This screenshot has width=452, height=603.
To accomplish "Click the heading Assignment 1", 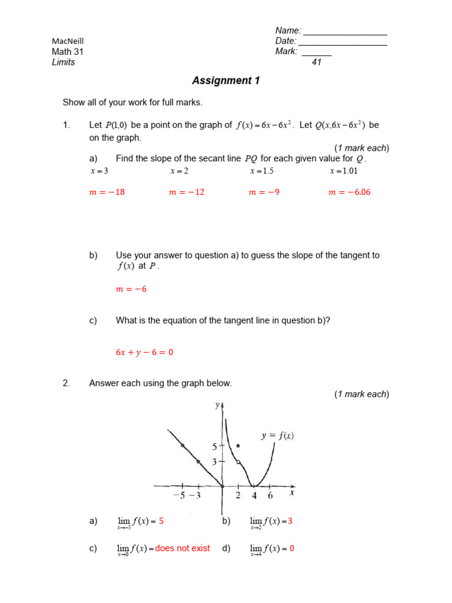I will pos(226,81).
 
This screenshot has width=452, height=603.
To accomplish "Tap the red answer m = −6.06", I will pos(349,192).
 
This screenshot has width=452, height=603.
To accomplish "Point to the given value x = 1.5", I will pos(262,171).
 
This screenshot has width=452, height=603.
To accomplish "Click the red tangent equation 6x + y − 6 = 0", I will pos(144,352).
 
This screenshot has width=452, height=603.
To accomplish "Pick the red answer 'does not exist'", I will pos(182,548).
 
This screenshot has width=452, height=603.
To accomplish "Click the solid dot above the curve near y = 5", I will pos(238,446).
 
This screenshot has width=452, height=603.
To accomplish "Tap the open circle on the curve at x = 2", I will pos(238,462).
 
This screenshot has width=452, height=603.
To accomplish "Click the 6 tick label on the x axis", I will pos(270,495).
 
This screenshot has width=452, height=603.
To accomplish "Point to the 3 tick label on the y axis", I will pos(215,461).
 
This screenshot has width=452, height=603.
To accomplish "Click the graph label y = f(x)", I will pos(277,436).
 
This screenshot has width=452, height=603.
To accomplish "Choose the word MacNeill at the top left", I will pos(68,41).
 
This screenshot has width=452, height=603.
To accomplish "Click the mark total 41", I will pos(317,62).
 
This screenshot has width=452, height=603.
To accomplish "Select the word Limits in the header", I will pos(64,62).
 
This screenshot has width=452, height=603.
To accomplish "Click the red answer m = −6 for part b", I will pos(131,289).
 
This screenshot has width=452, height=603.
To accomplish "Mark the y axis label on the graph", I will pos(218,406).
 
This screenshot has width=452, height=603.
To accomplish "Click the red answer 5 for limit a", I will pos(161,521).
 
